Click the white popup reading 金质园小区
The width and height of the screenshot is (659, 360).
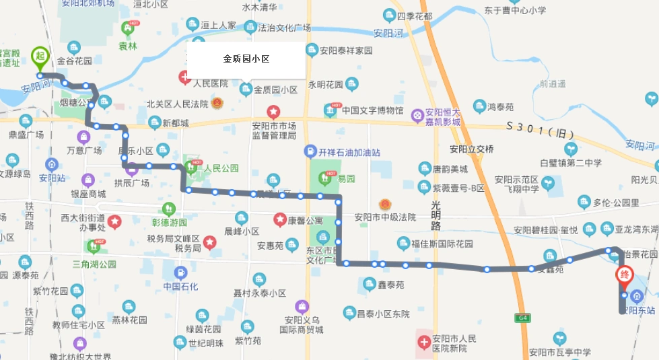tap(246, 59)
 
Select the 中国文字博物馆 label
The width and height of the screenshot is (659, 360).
tap(372, 110)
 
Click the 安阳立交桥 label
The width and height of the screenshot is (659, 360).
tap(472, 149)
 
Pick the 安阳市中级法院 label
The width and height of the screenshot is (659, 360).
tap(385, 217)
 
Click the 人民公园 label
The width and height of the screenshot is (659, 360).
tap(221, 168)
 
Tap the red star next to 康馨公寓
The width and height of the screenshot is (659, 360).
tap(279, 219)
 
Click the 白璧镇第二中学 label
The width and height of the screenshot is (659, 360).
tap(570, 162)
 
